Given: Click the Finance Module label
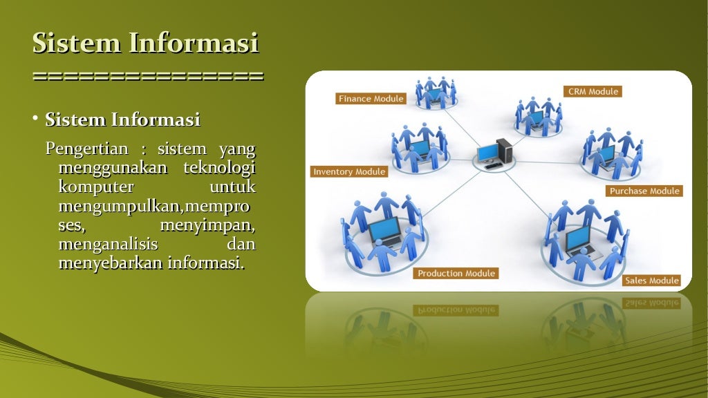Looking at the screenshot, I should click(371, 99).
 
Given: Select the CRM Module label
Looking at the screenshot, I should click(593, 91).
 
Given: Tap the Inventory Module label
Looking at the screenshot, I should click(349, 172).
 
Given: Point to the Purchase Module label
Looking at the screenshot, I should click(644, 191).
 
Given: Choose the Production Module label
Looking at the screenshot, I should click(456, 274).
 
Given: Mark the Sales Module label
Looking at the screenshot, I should click(651, 281).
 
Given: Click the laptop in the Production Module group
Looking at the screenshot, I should click(384, 233).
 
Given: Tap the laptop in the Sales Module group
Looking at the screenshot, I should click(579, 239).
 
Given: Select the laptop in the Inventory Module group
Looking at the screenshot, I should click(419, 149).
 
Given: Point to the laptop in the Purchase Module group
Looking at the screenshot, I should click(606, 154).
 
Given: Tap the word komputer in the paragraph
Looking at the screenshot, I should click(96, 187).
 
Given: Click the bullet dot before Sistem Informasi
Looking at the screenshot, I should click(35, 120).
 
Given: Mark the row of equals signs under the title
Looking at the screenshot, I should click(148, 75).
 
